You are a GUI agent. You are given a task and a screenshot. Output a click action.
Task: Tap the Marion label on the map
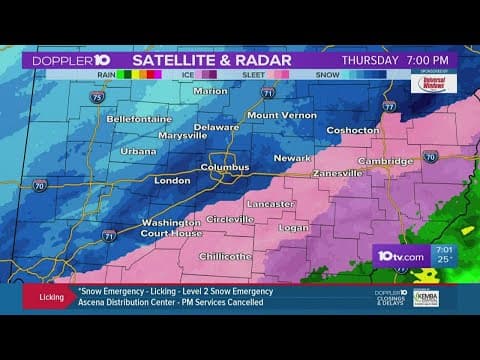[211, 91]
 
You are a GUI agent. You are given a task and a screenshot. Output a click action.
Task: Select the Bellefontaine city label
[140, 119]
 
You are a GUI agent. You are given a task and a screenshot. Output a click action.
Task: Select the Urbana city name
[139, 151]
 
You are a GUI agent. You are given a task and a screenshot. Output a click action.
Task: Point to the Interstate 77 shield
[389, 105]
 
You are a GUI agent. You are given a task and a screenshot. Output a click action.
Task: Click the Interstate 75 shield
[96, 98]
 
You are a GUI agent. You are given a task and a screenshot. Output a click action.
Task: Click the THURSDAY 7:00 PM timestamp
[397, 60]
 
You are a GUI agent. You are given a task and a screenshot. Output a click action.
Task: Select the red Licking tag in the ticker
[51, 297]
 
